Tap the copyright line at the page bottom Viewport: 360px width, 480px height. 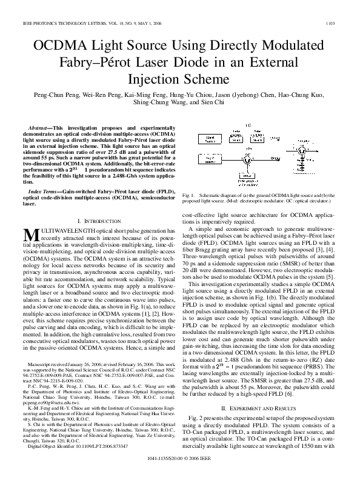pos(179,468)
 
